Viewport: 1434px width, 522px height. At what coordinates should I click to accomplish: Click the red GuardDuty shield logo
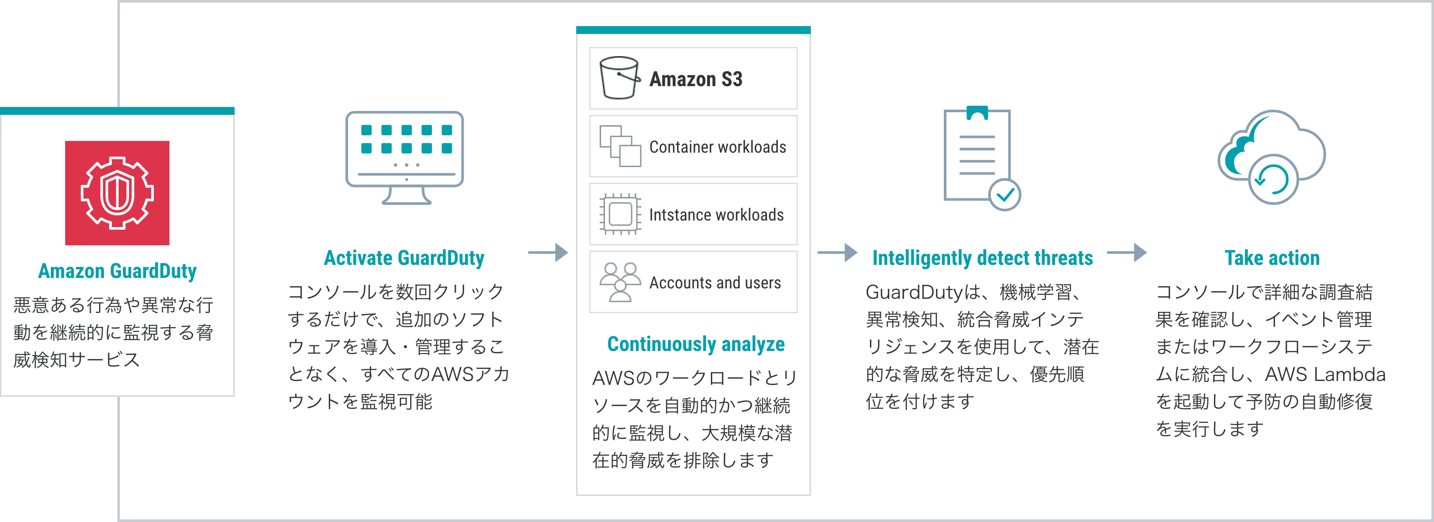pyautogui.click(x=117, y=193)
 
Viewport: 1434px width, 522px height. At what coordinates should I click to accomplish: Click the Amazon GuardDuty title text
pyautogui.click(x=117, y=271)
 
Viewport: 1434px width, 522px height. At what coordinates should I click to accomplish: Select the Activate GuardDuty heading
pyautogui.click(x=404, y=258)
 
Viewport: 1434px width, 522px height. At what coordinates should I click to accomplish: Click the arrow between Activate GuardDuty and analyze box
pyautogui.click(x=548, y=253)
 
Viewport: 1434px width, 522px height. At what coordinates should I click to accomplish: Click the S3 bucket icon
pyautogui.click(x=619, y=79)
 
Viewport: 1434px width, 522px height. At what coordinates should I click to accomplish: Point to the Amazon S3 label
pyautogui.click(x=696, y=79)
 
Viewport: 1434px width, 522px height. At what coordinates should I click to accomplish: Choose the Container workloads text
pyautogui.click(x=717, y=147)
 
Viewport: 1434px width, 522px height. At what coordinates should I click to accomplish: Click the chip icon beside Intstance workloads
pyautogui.click(x=620, y=214)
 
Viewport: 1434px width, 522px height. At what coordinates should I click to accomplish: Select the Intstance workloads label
pyautogui.click(x=716, y=215)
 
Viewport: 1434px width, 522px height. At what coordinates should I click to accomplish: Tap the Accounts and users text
pyautogui.click(x=715, y=283)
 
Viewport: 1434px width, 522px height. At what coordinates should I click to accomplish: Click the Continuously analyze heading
pyautogui.click(x=696, y=344)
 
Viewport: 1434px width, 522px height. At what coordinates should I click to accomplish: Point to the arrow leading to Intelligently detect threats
pyautogui.click(x=837, y=253)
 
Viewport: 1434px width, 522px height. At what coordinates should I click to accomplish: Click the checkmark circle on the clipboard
pyautogui.click(x=1005, y=194)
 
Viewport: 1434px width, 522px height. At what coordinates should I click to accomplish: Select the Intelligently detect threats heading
pyautogui.click(x=983, y=258)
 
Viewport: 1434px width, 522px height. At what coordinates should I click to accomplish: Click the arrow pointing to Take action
pyautogui.click(x=1127, y=253)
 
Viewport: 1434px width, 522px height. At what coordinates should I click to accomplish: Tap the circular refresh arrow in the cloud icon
pyautogui.click(x=1272, y=179)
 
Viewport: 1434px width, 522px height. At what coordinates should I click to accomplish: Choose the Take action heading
pyautogui.click(x=1272, y=258)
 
